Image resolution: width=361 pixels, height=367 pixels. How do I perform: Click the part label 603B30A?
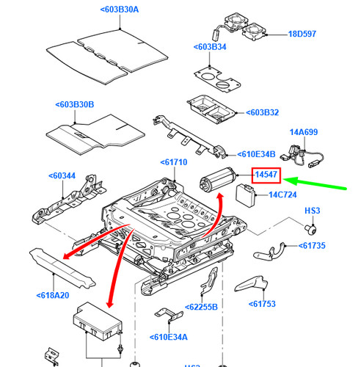[x=120, y=10]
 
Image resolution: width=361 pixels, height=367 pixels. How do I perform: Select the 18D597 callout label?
[x=302, y=34]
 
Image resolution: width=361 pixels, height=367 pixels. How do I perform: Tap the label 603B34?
[x=210, y=47]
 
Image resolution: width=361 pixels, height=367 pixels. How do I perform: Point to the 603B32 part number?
[x=262, y=112]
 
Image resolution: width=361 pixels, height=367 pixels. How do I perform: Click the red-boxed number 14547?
[x=266, y=175]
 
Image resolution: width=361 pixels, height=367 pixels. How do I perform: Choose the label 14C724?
[x=282, y=195]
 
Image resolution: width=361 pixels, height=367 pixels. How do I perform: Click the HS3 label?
[x=313, y=211]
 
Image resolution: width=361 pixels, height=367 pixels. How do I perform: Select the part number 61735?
[x=312, y=246]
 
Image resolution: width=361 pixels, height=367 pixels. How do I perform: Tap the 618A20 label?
[x=53, y=295]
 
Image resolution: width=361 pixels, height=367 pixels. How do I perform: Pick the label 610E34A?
[x=169, y=337]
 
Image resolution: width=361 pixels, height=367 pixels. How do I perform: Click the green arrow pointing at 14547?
[x=315, y=183]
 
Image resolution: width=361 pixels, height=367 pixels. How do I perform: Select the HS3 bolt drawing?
[x=310, y=230]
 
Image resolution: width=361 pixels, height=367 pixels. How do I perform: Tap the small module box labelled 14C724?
[x=245, y=195]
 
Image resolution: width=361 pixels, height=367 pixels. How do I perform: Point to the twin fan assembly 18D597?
[x=240, y=27]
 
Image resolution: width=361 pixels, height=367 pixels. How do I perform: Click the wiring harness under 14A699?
[x=302, y=156]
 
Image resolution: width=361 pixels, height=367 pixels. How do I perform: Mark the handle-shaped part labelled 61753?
[x=252, y=283]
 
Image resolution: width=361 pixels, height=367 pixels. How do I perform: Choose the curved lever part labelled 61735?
[x=270, y=252]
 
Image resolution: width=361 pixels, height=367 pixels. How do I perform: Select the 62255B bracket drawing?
[x=208, y=281]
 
